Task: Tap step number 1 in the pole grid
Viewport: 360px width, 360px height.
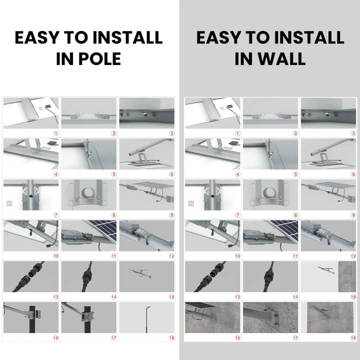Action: pos(56,133)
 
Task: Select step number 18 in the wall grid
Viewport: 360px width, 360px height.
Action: pos(353,337)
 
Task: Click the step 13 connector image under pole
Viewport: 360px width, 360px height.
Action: pos(30,276)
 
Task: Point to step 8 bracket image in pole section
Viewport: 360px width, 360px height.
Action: pos(88,194)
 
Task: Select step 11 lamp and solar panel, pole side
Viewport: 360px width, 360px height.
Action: pos(88,235)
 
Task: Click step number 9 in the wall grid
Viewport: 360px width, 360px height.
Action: pos(353,215)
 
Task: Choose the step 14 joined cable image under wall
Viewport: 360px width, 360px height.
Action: pos(270,276)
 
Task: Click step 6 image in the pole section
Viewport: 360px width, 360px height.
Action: pos(146,153)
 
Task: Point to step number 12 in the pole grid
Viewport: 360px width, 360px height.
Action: pos(172,256)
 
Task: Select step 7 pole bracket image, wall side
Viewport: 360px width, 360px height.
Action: pos(212,194)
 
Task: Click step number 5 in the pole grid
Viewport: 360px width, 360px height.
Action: pos(114,174)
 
